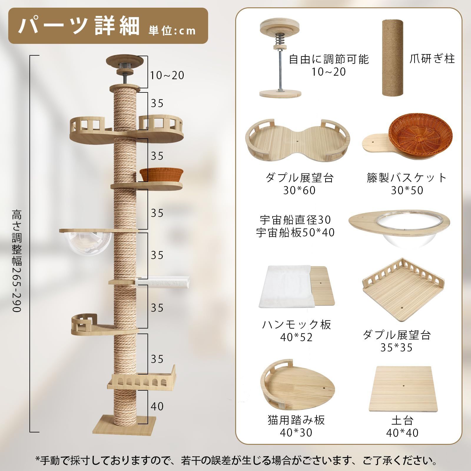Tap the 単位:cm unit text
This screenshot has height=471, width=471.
(x=172, y=31)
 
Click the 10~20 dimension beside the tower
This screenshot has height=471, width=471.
(x=167, y=75)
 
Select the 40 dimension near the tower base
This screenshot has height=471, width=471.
(x=157, y=406)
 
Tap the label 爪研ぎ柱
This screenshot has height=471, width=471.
(x=432, y=59)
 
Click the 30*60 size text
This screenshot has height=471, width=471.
(x=299, y=190)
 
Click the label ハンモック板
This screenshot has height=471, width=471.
(x=296, y=324)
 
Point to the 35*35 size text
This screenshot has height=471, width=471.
(x=396, y=348)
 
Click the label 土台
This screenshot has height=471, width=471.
(x=402, y=420)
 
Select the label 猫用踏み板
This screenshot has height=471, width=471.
(x=296, y=420)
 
